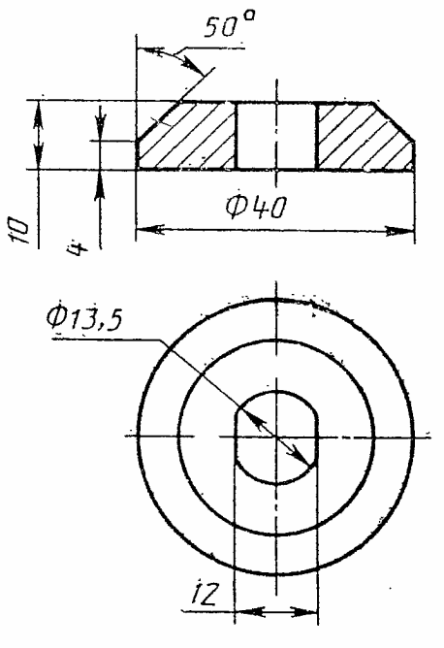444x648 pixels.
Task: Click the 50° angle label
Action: (x=229, y=25)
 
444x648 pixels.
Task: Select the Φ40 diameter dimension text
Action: (x=256, y=207)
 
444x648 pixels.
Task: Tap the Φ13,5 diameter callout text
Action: (x=83, y=318)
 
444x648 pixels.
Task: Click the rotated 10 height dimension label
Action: (x=19, y=231)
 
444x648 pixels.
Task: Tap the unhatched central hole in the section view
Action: (x=276, y=136)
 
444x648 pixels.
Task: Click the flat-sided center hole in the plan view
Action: (x=276, y=437)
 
